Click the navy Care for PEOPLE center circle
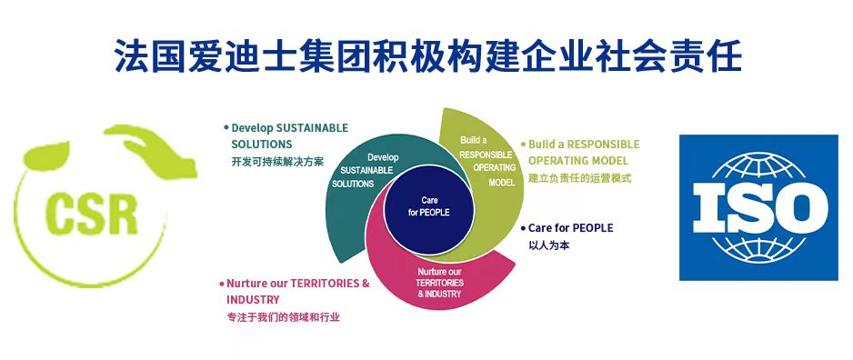pos(428,210)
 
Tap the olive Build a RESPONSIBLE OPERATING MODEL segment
pos(489,163)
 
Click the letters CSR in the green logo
pos(92,215)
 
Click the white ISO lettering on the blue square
pos(759,207)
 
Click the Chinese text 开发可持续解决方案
pos(277,162)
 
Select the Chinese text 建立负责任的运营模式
pos(580,178)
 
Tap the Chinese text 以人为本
pos(549,245)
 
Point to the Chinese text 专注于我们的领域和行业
pos(283,317)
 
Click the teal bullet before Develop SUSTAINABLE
pos(226,128)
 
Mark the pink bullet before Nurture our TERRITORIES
pos(222,284)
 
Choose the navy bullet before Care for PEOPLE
pos(523,228)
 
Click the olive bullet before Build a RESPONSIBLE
pos(523,145)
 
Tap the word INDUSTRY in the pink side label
pos(253,300)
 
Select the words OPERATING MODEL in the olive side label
pos(578,161)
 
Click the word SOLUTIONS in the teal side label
pos(262,145)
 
